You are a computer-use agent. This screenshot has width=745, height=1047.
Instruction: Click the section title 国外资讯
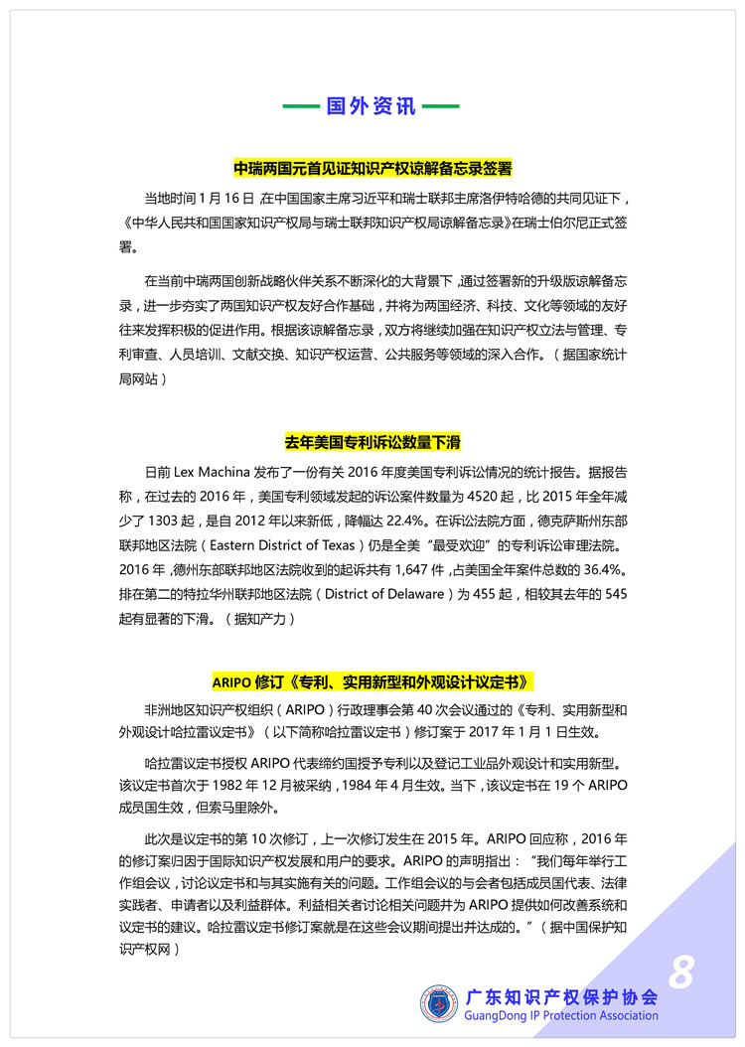coord(372,106)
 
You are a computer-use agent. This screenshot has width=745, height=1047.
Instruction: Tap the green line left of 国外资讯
coord(301,106)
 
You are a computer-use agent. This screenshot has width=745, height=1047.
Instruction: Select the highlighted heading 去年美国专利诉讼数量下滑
coord(372,441)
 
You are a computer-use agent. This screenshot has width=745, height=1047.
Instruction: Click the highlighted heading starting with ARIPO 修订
coord(372,681)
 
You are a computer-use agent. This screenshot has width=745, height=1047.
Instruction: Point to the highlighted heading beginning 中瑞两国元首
coord(372,168)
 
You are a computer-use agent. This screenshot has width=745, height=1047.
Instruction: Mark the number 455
coord(485,595)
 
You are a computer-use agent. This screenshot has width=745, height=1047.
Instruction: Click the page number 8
coord(681,972)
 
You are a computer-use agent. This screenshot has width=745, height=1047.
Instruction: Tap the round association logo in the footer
coord(439,1003)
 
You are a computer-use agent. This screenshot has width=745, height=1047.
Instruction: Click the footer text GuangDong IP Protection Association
coord(561,1016)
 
